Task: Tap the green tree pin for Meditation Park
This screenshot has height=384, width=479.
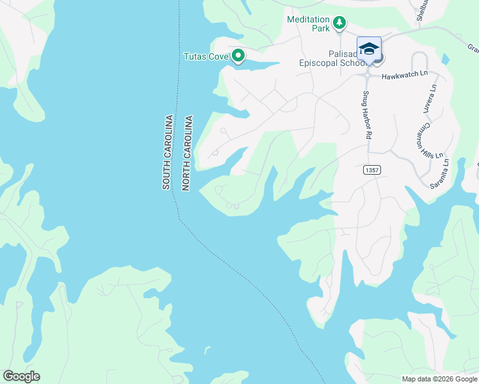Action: click(x=339, y=25)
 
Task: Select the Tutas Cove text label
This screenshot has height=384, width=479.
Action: click(x=206, y=56)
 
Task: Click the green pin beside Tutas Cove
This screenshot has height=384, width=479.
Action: click(x=238, y=56)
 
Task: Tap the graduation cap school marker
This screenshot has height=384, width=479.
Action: click(x=369, y=49)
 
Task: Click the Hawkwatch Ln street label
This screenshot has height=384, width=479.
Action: click(x=404, y=75)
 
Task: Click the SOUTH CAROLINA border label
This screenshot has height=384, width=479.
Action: click(x=166, y=152)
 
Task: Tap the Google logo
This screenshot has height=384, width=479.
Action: click(x=22, y=376)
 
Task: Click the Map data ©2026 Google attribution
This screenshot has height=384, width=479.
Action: click(x=439, y=379)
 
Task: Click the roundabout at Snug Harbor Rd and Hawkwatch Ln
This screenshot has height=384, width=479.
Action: click(x=368, y=73)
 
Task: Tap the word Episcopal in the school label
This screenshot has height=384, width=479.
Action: click(x=327, y=63)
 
